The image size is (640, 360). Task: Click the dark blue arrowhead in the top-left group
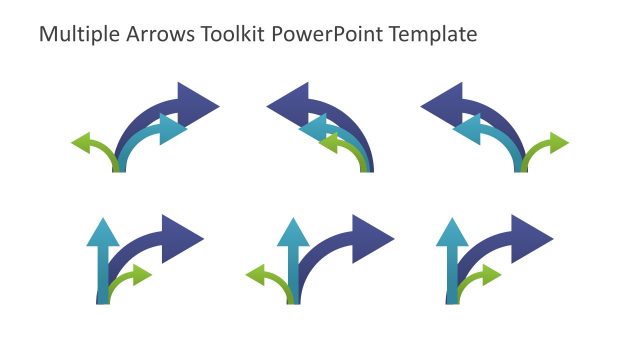(197, 103)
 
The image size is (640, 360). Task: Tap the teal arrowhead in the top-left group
(173, 129)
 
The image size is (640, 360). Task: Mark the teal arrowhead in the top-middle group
(313, 127)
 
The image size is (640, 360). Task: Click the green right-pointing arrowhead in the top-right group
(557, 143)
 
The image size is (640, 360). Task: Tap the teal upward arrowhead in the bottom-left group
(102, 232)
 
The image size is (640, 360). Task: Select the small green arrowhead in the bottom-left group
(141, 274)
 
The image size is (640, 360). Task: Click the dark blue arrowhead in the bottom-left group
(184, 238)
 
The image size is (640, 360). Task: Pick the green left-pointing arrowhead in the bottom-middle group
(257, 274)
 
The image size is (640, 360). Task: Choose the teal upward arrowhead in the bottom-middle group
(292, 232)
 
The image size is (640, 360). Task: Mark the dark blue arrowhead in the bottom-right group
(532, 238)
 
